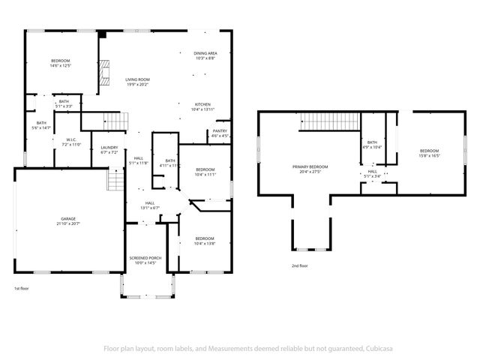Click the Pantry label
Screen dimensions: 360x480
[220, 133]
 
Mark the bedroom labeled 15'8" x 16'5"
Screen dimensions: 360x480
[429, 154]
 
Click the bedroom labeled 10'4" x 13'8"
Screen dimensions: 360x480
[205, 241]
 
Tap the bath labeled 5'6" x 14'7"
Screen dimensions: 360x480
[41, 125]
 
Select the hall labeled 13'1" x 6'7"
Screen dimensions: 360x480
[150, 205]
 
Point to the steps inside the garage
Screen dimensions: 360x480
[115, 180]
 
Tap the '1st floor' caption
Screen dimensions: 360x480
[22, 289]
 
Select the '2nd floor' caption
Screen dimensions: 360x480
[300, 265]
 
